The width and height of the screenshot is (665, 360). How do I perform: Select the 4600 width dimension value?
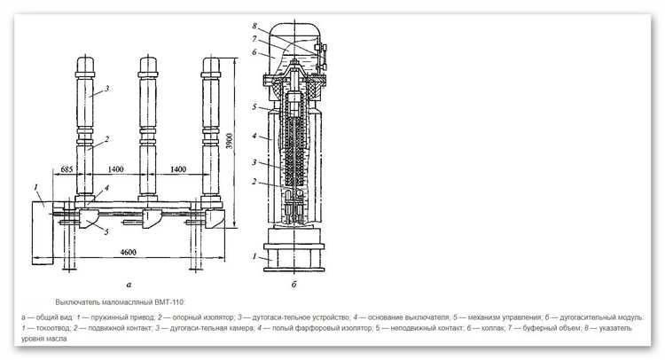click(128, 253)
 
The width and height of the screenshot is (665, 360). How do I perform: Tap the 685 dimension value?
click(66, 169)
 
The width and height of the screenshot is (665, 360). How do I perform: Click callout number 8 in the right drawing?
click(254, 26)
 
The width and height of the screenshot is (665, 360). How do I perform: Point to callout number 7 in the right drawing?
click(254, 39)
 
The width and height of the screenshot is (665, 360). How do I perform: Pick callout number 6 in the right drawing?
click(254, 52)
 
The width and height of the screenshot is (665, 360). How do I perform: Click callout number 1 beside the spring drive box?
click(36, 186)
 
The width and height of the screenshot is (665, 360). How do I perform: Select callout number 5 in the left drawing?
click(106, 231)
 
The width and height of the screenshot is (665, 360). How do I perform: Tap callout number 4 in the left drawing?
click(106, 187)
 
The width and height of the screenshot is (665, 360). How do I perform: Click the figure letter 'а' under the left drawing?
click(129, 285)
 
